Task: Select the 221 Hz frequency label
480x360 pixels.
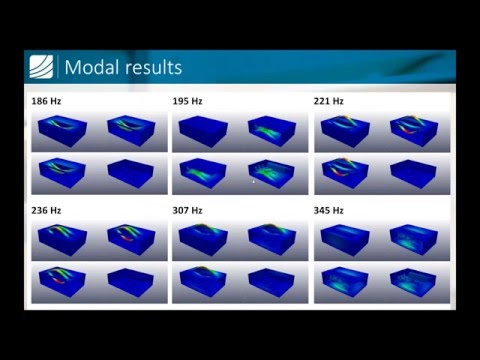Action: point(330,102)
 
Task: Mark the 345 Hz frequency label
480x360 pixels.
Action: point(330,211)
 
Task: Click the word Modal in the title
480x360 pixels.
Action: point(92,68)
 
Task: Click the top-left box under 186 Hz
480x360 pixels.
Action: point(63,131)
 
